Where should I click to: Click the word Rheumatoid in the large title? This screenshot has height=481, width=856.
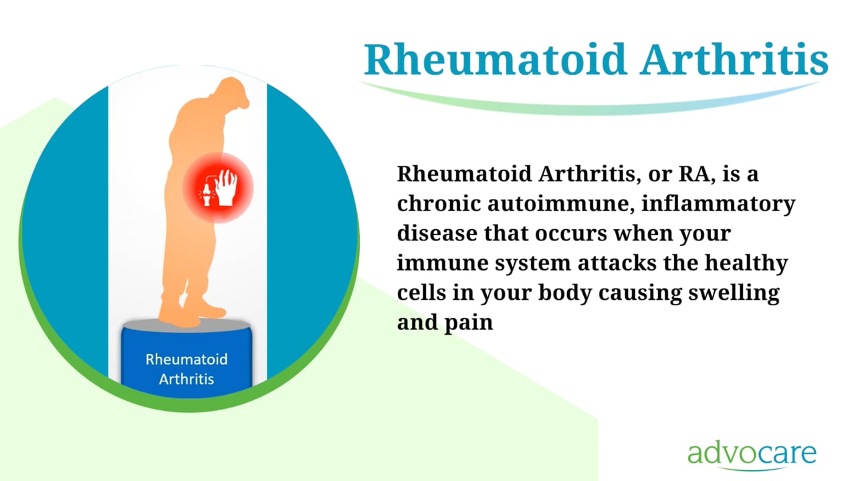pos(496,59)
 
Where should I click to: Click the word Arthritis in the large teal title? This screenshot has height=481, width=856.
pos(734,59)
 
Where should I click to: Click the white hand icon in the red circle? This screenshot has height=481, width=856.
pos(226,188)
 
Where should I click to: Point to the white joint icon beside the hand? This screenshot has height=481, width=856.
pos(207,194)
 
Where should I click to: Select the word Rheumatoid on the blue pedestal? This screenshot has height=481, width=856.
pos(187,359)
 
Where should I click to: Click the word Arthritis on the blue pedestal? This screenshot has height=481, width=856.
pos(187,379)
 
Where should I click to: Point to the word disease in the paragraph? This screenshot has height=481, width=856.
pos(437,233)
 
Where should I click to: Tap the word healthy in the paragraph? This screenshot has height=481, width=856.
pos(746,264)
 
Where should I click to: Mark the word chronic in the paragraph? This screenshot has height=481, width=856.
pos(439,204)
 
